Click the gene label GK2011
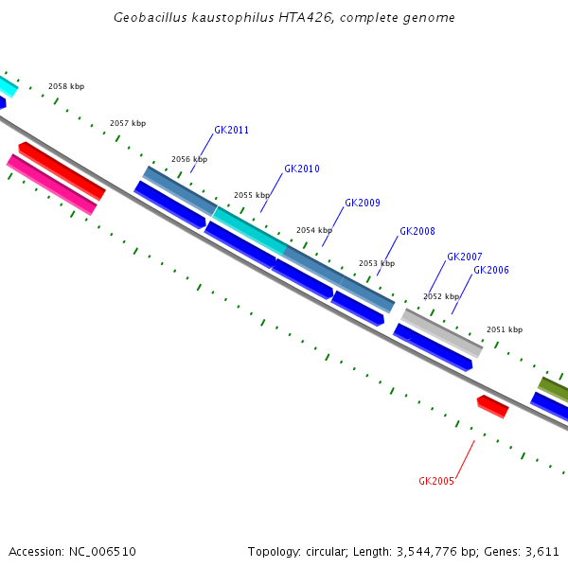click(x=231, y=131)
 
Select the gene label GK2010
click(x=302, y=169)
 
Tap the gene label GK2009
click(x=363, y=204)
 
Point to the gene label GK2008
click(x=417, y=232)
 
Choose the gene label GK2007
click(x=465, y=257)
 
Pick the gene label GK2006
click(x=491, y=271)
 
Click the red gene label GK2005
click(x=436, y=481)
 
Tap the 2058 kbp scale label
click(x=66, y=87)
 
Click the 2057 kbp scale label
click(x=128, y=124)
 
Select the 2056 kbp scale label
click(x=189, y=160)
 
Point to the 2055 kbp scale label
click(x=252, y=196)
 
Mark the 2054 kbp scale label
click(x=314, y=231)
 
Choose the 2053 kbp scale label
click(x=377, y=264)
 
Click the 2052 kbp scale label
click(x=441, y=297)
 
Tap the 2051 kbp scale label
click(x=505, y=330)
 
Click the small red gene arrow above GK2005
click(x=492, y=406)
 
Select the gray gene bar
click(x=442, y=332)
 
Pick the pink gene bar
click(x=51, y=184)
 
